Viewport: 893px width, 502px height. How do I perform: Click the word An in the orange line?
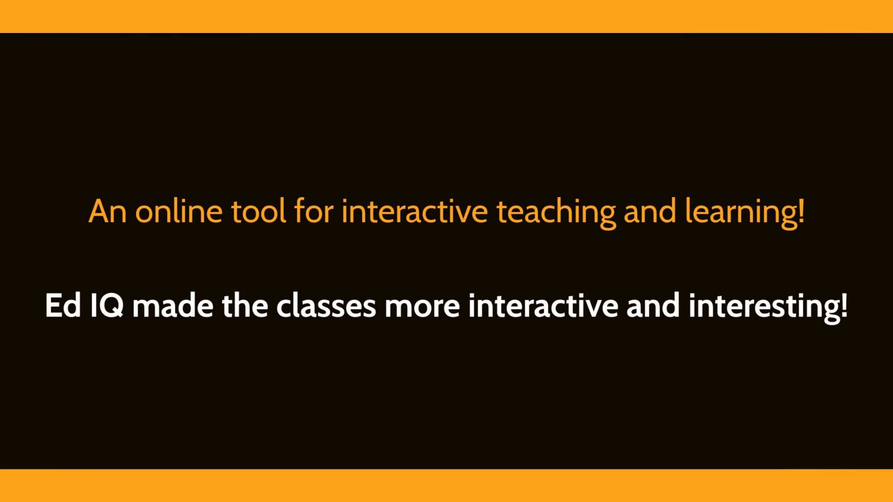[x=107, y=211]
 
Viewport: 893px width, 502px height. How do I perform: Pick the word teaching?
[x=556, y=213]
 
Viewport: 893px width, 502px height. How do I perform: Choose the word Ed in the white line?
[x=63, y=305]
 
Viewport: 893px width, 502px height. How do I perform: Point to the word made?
[x=173, y=305]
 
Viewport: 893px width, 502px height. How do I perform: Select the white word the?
[x=245, y=305]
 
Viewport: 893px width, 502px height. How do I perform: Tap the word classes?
[x=326, y=305]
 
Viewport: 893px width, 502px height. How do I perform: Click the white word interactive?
[x=543, y=305]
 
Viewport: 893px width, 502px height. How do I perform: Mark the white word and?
[x=653, y=305]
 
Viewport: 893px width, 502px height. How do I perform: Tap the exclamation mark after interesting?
[x=844, y=306]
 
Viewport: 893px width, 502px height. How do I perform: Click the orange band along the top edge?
[x=446, y=16]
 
